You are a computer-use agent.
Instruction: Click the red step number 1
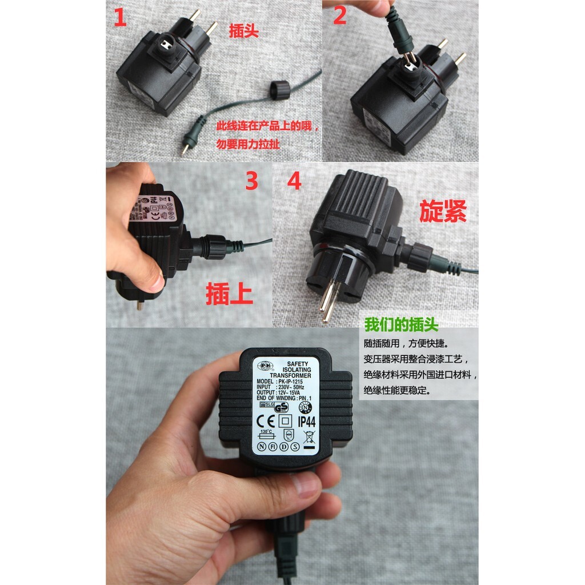tap(120, 18)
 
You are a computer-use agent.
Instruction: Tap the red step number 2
tap(340, 16)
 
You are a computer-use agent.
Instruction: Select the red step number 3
tap(251, 181)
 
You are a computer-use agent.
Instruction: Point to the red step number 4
tap(295, 181)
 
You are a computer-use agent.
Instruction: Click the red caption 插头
tap(244, 31)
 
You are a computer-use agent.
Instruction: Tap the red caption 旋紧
tap(443, 211)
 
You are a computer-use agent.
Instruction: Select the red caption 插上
tap(230, 295)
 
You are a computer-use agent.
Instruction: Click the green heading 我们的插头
tap(402, 325)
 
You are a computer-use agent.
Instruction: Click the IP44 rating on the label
tap(307, 422)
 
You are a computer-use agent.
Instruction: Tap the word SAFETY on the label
tap(297, 363)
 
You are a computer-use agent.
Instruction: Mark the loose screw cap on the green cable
tap(281, 90)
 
